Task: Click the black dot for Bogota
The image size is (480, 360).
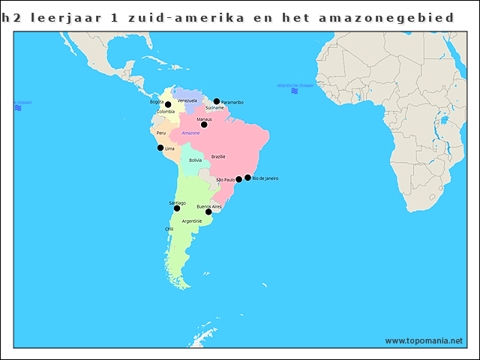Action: (x=168, y=104)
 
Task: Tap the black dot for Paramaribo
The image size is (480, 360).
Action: (x=217, y=101)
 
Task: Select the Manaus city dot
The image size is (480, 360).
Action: (x=204, y=124)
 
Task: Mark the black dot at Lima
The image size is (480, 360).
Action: (x=160, y=148)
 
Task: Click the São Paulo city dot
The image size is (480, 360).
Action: (x=239, y=179)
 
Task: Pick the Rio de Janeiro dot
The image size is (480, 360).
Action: (x=247, y=178)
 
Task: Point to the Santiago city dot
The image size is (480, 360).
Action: (x=177, y=208)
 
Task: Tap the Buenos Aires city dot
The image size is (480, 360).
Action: (x=208, y=211)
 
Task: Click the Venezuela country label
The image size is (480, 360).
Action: (x=187, y=100)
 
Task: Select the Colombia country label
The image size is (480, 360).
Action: (x=166, y=112)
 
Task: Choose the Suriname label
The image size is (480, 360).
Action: (x=214, y=108)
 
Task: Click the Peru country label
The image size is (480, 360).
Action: (x=161, y=133)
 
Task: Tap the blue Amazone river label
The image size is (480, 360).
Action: (x=191, y=133)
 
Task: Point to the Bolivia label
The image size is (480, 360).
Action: (x=195, y=160)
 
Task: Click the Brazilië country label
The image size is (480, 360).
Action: (x=218, y=157)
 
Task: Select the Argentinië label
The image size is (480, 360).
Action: (x=192, y=221)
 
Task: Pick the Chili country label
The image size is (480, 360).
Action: (x=169, y=229)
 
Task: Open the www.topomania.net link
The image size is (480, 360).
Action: (x=424, y=340)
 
